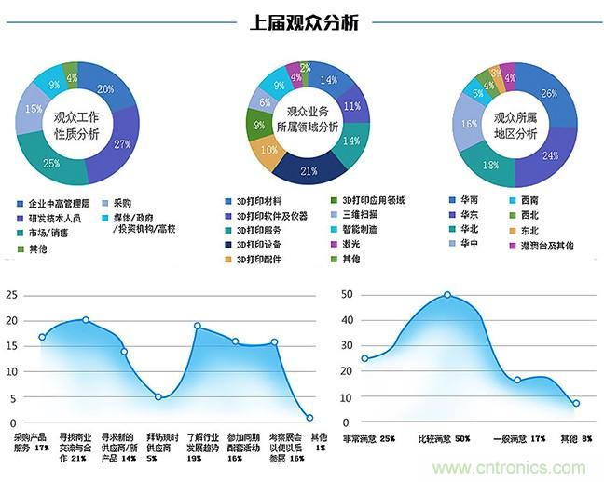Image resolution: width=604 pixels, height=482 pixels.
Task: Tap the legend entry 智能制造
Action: [364, 230]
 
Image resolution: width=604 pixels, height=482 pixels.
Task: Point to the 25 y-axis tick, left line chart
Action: [12, 295]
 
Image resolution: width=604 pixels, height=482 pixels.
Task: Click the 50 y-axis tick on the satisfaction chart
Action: [346, 295]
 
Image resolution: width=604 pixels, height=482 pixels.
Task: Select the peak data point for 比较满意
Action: [447, 295]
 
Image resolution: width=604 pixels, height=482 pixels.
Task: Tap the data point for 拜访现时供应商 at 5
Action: [158, 397]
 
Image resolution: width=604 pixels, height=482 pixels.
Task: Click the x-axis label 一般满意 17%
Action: [524, 437]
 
